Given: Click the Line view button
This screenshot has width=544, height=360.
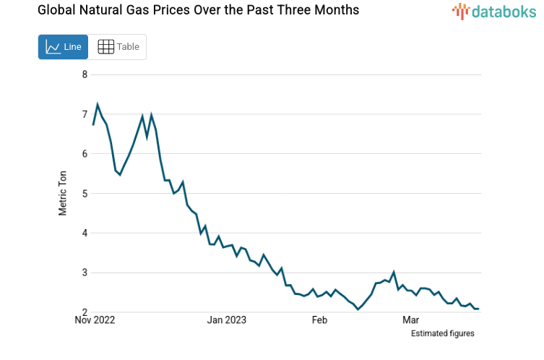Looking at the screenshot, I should coord(63,47).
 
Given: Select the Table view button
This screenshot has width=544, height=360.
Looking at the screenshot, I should coord(118,47).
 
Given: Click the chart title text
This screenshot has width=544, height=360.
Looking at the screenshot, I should coord(188,11).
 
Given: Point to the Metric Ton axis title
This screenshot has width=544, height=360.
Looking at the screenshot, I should coord(63,193).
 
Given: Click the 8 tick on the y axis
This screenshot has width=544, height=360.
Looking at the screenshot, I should coord(85,74).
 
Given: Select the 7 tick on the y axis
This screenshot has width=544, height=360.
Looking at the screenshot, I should coord(85,114).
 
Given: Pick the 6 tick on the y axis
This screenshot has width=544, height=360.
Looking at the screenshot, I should coord(85,154).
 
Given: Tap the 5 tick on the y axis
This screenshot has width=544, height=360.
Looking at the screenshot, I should coord(85,194).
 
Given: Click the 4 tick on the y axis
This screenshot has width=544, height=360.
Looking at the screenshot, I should coord(85,233).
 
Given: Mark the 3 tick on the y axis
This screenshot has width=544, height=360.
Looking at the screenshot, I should coord(85,273).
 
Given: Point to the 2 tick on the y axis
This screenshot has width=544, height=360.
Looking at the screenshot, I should coord(85,312).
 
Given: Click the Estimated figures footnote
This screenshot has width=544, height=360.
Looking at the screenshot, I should coord(442,333).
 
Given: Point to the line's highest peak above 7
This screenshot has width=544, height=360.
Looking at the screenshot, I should coord(98,104).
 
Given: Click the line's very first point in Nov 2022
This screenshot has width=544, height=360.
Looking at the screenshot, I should coord(93,125).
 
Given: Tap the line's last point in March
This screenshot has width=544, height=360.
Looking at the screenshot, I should coord(479,309).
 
